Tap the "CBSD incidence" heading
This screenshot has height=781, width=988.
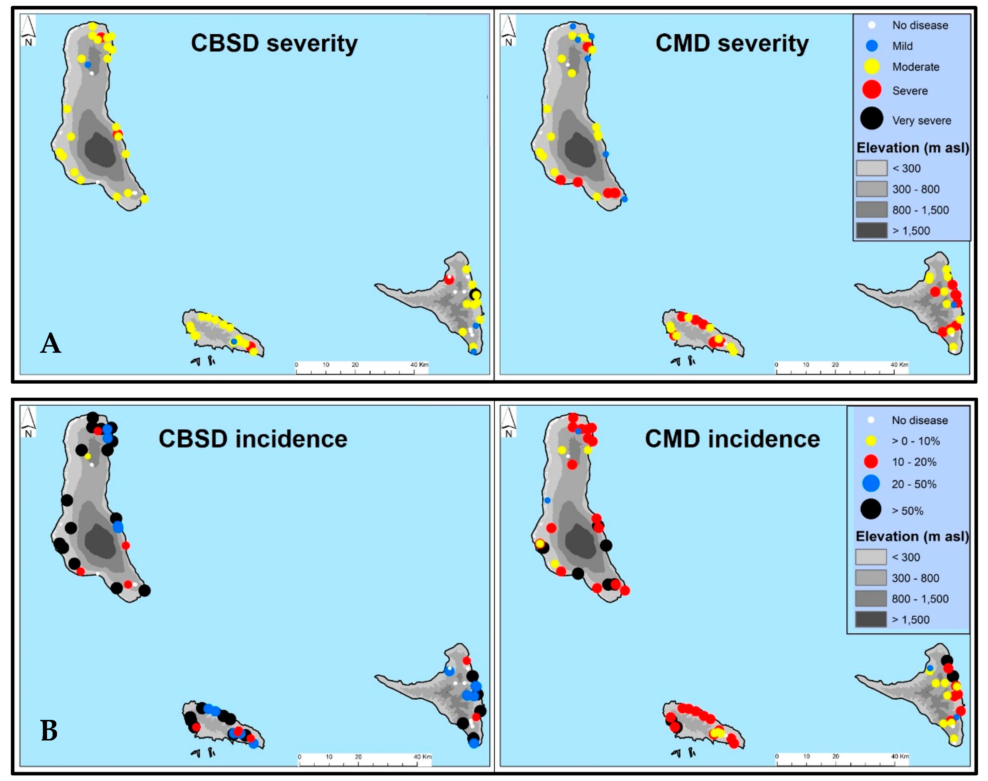253,439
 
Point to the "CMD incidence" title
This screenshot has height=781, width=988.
732,439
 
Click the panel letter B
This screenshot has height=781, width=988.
49,731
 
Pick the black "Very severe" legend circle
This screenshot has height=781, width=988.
871,118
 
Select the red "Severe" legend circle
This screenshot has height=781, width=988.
871,89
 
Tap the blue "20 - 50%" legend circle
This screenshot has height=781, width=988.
871,483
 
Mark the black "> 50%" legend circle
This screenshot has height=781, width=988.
871,509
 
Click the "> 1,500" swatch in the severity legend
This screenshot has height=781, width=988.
871,231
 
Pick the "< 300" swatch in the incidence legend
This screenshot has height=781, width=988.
871,557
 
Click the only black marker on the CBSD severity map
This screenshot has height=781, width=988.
475,295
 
